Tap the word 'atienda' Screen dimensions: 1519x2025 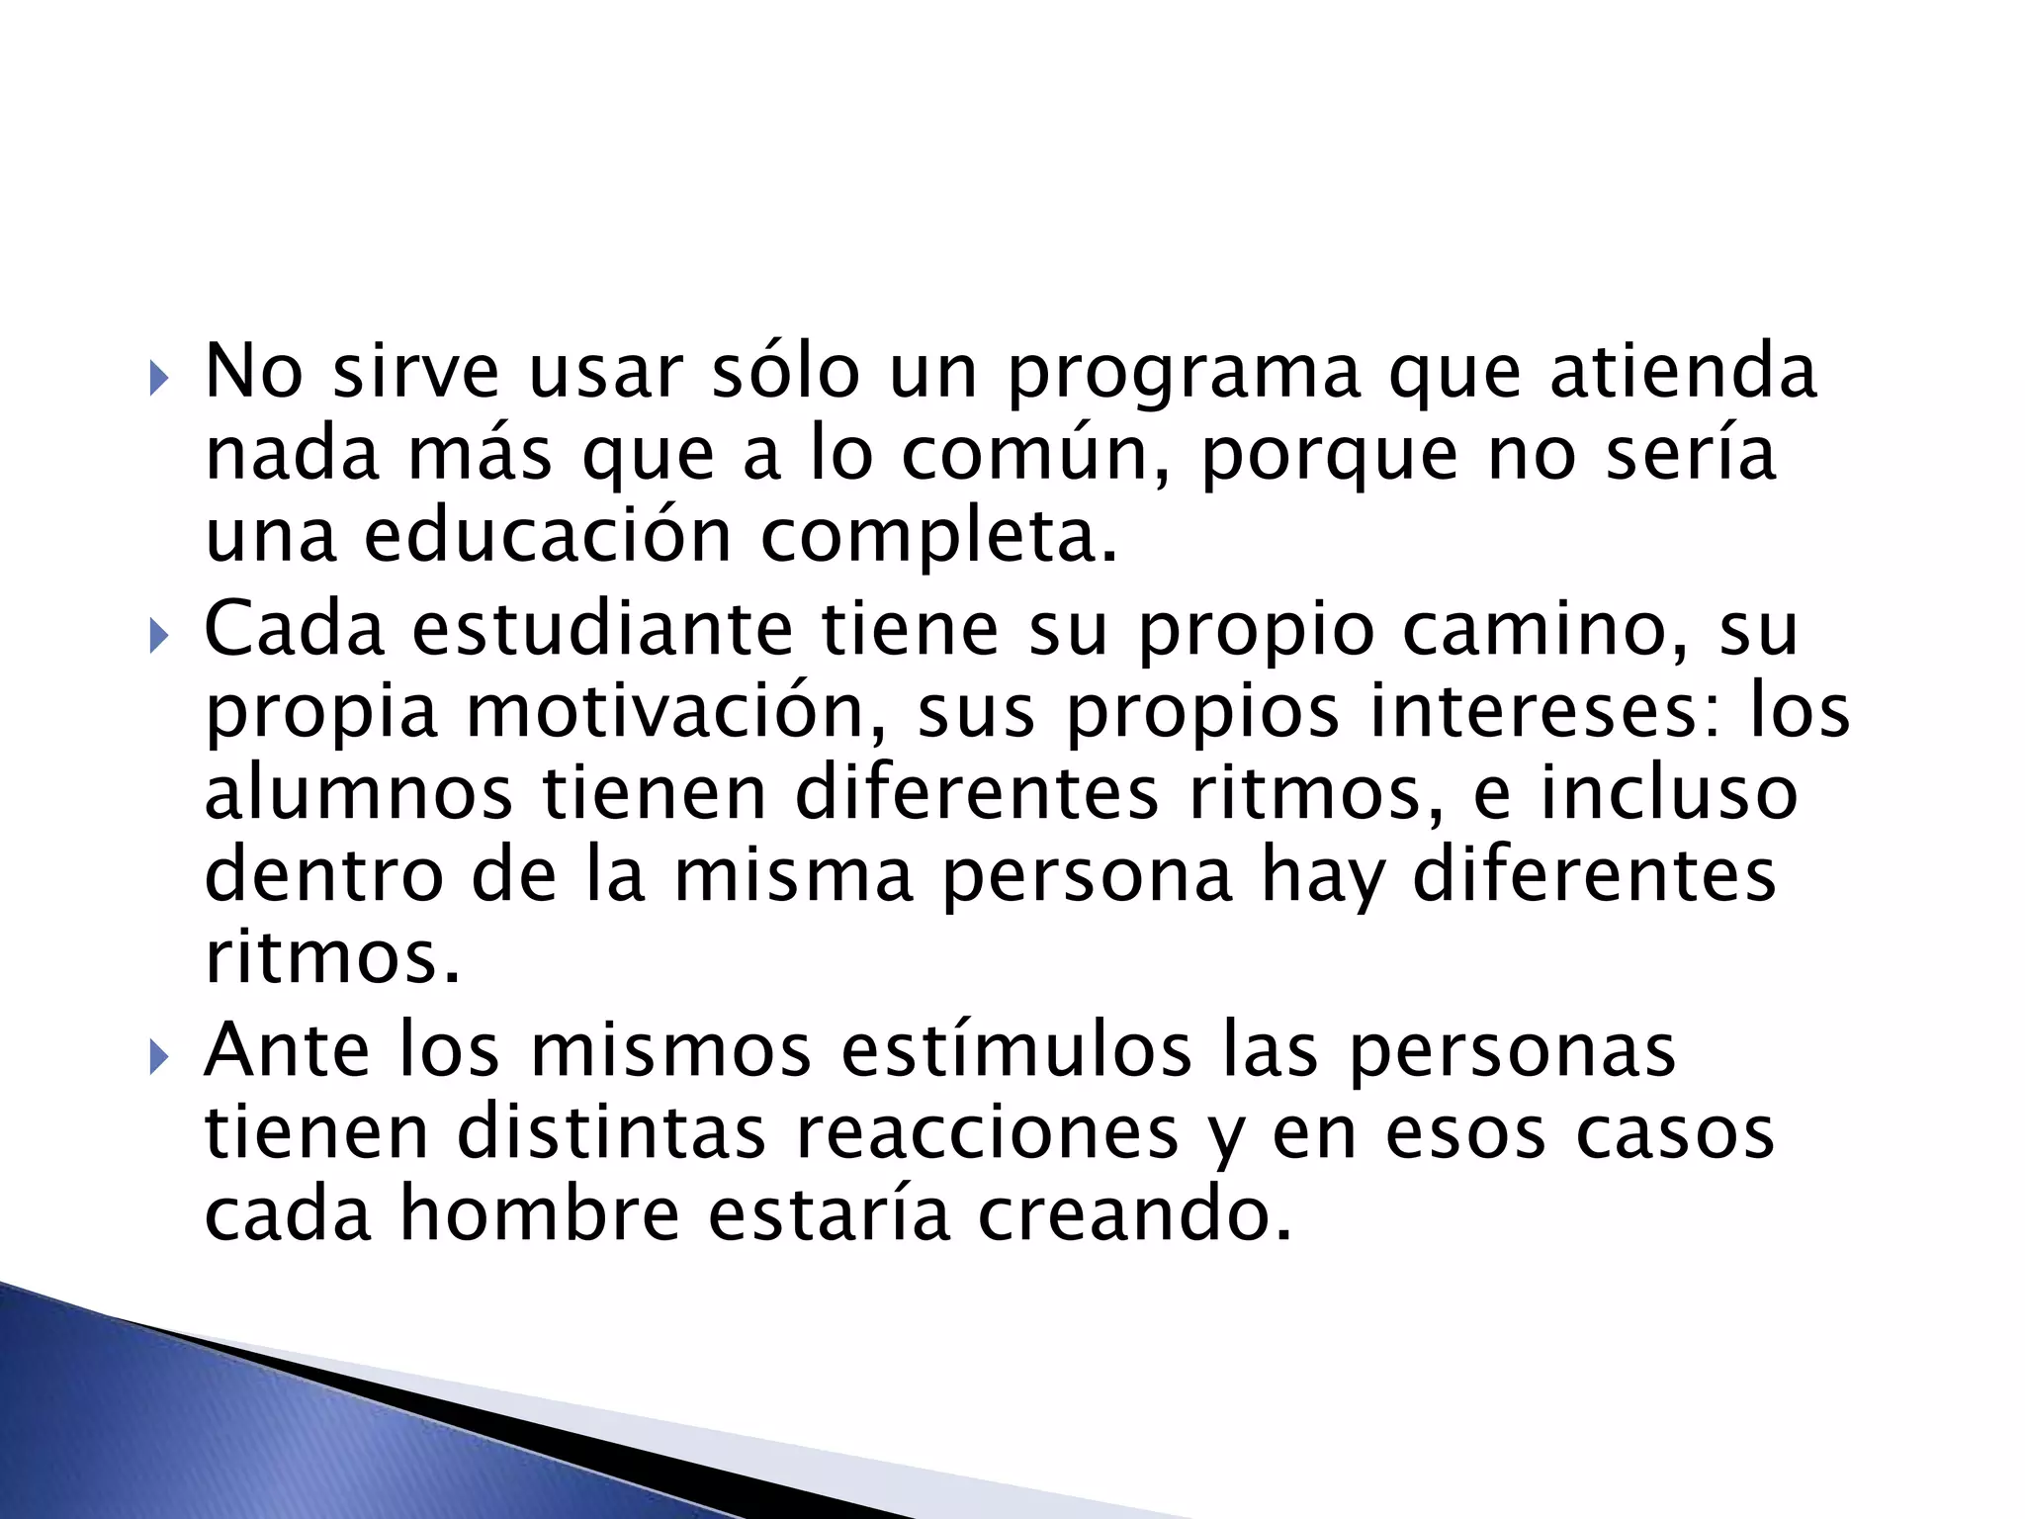1683,372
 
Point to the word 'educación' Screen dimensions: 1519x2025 548,536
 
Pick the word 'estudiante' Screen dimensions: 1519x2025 601,630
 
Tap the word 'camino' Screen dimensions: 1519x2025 1549,630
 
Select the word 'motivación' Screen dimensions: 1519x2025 676,714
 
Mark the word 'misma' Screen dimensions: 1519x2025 793,876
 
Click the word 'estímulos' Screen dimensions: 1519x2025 1016,1050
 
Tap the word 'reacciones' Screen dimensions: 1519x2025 987,1133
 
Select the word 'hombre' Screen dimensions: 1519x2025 540,1214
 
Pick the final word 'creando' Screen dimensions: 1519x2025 1134,1214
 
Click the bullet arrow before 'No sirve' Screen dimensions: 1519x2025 158,378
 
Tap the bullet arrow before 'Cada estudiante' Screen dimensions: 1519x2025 158,636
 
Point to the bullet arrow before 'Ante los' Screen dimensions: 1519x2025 158,1057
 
